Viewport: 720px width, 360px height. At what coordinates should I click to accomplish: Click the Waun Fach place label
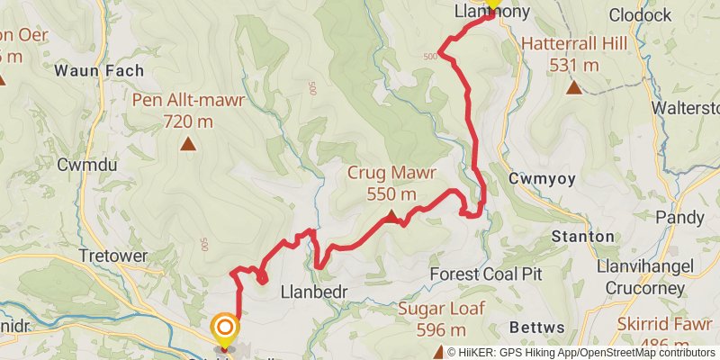[88, 70]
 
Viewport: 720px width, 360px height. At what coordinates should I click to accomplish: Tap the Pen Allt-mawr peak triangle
[188, 143]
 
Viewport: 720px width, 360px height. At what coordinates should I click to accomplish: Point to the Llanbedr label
[314, 292]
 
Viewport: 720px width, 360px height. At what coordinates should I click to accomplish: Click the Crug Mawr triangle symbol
[391, 215]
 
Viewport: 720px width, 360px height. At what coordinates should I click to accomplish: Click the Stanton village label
[583, 237]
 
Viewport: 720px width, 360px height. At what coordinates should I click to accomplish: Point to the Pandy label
[674, 218]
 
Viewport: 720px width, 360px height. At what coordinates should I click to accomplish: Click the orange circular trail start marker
[224, 328]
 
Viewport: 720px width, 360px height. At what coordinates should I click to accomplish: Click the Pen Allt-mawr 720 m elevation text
[188, 120]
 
